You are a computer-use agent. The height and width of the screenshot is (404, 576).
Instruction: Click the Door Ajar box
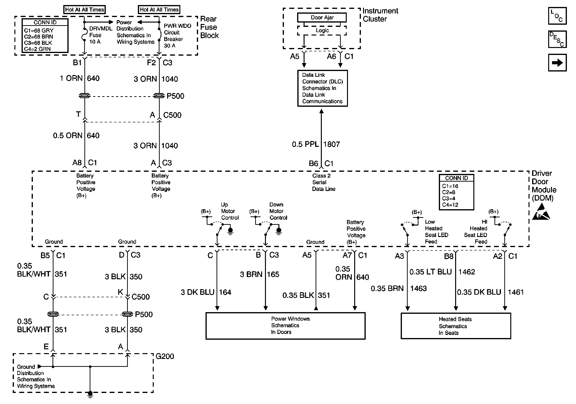pyautogui.click(x=322, y=18)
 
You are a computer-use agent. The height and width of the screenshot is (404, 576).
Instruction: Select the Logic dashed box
pyautogui.click(x=322, y=31)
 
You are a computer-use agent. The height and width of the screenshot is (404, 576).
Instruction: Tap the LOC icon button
pyautogui.click(x=557, y=16)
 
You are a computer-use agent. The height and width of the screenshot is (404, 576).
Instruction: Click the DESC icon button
pyautogui.click(x=557, y=39)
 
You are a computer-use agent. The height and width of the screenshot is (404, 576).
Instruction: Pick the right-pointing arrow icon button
pyautogui.click(x=557, y=62)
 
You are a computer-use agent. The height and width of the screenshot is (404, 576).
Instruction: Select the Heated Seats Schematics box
pyautogui.click(x=456, y=326)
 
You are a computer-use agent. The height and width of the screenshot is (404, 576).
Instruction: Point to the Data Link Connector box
pyautogui.click(x=322, y=88)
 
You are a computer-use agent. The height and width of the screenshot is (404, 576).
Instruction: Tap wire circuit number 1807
pyautogui.click(x=332, y=144)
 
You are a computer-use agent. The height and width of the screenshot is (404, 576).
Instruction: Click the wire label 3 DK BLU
pyautogui.click(x=197, y=292)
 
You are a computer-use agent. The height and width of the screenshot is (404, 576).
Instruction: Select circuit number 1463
pyautogui.click(x=418, y=288)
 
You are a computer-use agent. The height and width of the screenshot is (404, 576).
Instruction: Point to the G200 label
pyautogui.click(x=165, y=356)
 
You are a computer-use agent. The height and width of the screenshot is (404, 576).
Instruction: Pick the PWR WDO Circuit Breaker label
pyautogui.click(x=177, y=36)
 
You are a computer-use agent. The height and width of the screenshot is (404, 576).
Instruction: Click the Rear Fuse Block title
pyautogui.click(x=210, y=27)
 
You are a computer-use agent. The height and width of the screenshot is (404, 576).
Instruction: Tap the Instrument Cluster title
pyautogui.click(x=380, y=15)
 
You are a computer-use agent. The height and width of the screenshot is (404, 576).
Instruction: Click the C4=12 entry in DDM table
pyautogui.click(x=450, y=205)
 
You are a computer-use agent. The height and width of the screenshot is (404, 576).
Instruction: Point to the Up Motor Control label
pyautogui.click(x=229, y=211)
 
